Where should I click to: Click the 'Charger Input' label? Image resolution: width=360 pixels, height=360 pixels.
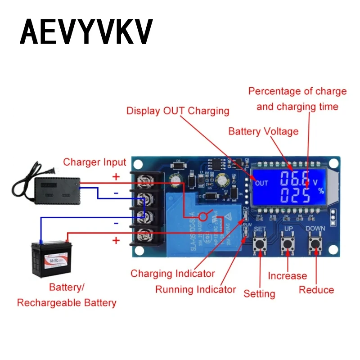pos(94,162)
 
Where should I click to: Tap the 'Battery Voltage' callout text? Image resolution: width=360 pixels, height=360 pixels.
pos(263,131)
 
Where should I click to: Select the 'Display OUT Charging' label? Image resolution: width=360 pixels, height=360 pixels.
pos(178,111)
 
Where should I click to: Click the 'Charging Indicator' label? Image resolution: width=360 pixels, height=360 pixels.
pos(172,273)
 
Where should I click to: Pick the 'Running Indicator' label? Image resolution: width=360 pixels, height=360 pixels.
pos(195,289)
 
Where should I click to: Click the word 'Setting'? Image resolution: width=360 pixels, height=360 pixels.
pos(259,294)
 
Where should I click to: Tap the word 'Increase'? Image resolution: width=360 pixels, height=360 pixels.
pos(287,276)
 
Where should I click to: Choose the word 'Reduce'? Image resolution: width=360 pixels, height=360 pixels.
pos(316,290)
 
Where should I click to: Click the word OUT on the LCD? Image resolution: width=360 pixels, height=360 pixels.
pos(261,183)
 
